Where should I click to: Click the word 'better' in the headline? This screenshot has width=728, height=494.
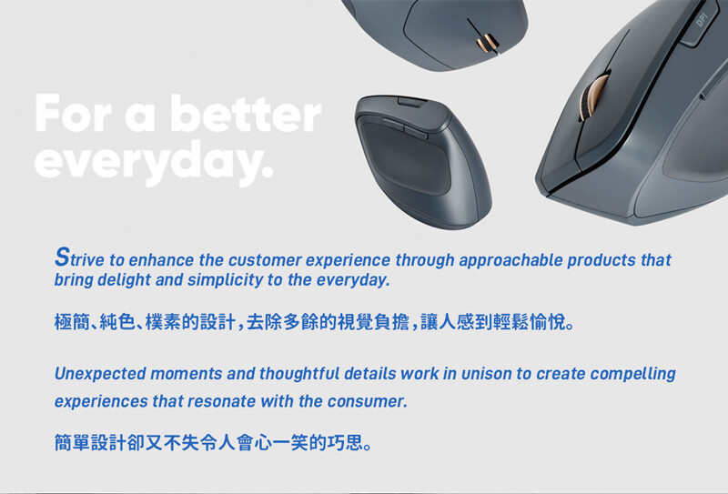pos(246,114)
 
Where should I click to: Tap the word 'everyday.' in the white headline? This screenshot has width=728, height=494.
pos(154,162)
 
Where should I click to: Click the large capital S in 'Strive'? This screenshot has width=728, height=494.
pos(62,257)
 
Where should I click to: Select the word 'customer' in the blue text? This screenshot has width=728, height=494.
pos(265,260)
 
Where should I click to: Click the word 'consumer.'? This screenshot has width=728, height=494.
pos(368,401)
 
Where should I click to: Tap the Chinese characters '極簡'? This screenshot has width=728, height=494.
pos(72,321)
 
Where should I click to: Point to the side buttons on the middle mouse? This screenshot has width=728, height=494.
pos(405,128)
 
